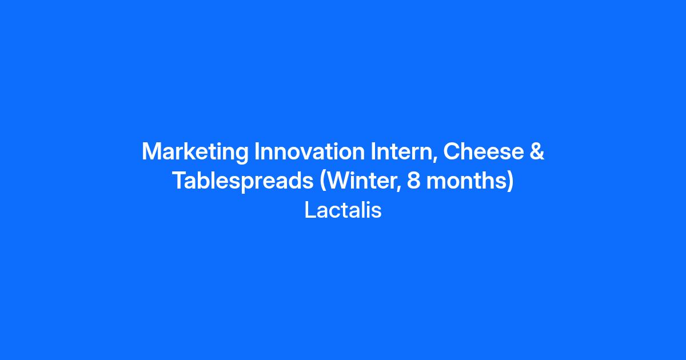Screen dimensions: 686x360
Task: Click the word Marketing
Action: (x=195, y=152)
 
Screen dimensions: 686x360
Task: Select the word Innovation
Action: (x=309, y=151)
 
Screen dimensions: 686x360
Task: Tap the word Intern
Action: (x=401, y=151)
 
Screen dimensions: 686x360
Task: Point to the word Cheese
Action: (x=484, y=151)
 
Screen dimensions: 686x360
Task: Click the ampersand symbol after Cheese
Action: (x=537, y=151)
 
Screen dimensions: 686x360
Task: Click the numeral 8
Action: (x=413, y=181)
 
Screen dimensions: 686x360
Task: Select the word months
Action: (x=466, y=181)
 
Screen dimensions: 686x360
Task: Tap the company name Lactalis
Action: (x=343, y=210)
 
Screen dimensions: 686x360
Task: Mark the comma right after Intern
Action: (x=434, y=159)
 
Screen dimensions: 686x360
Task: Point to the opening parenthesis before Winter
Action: (x=323, y=182)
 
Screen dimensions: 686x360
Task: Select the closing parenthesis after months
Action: (x=510, y=182)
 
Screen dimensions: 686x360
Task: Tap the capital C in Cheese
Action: (x=452, y=151)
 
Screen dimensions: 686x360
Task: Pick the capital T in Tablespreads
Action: (x=181, y=181)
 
